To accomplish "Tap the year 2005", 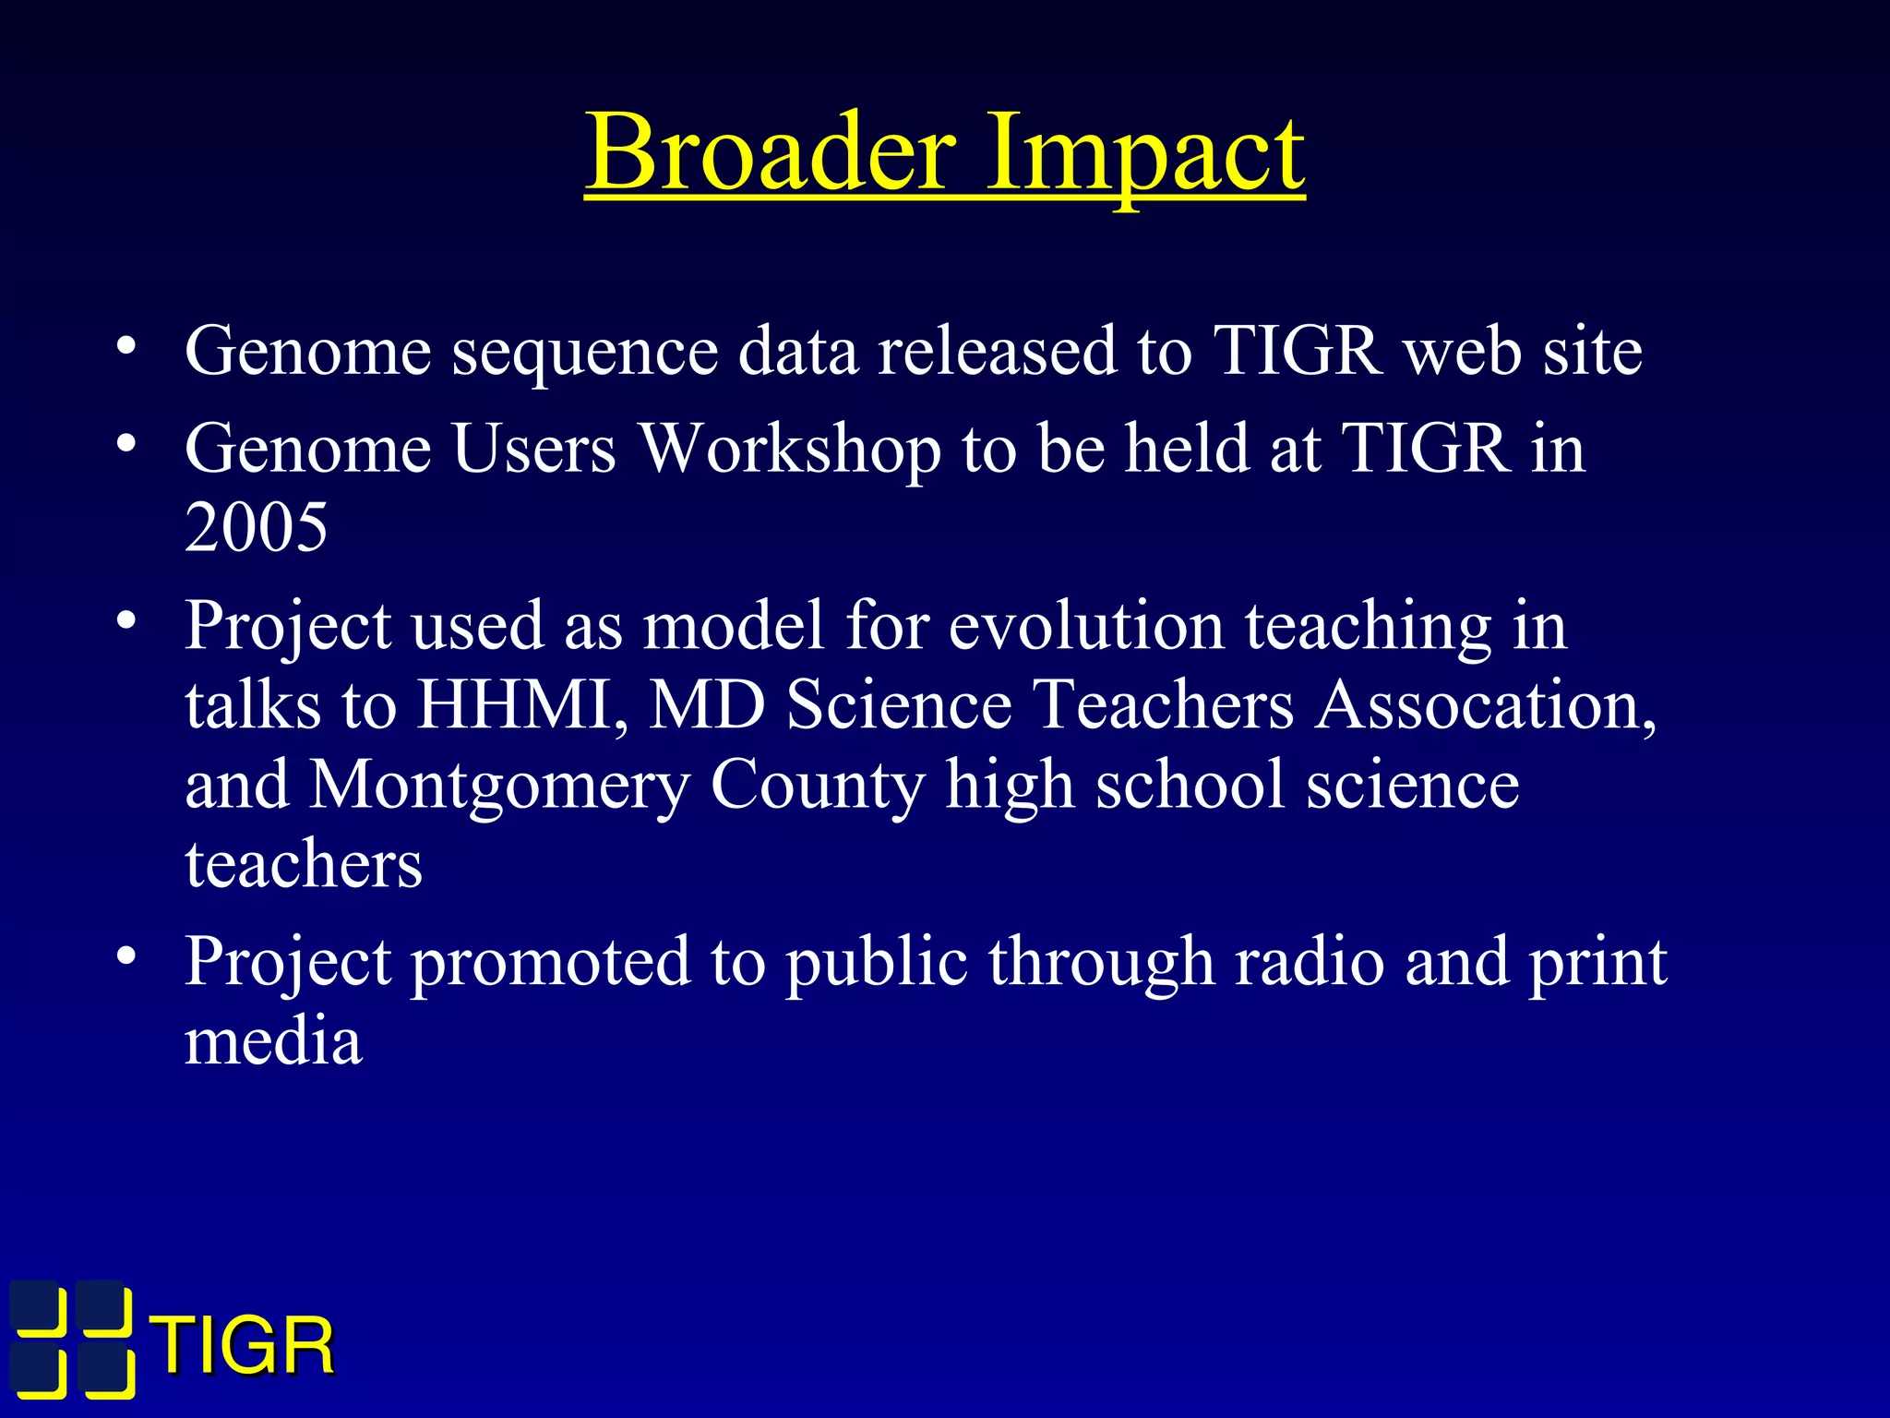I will point(256,527).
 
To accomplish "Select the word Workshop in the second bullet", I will point(790,449).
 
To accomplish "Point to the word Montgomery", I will point(498,786).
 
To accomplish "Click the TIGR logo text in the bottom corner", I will point(244,1347).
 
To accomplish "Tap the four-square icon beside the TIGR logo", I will point(72,1339).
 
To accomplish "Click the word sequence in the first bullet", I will point(584,353).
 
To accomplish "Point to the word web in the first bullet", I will point(1463,353).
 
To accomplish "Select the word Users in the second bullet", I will point(533,449).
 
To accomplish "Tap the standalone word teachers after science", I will point(304,865).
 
